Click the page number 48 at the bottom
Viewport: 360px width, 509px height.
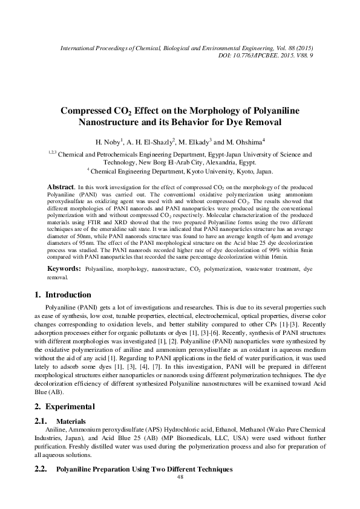180,476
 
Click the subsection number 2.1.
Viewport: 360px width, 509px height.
41,420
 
